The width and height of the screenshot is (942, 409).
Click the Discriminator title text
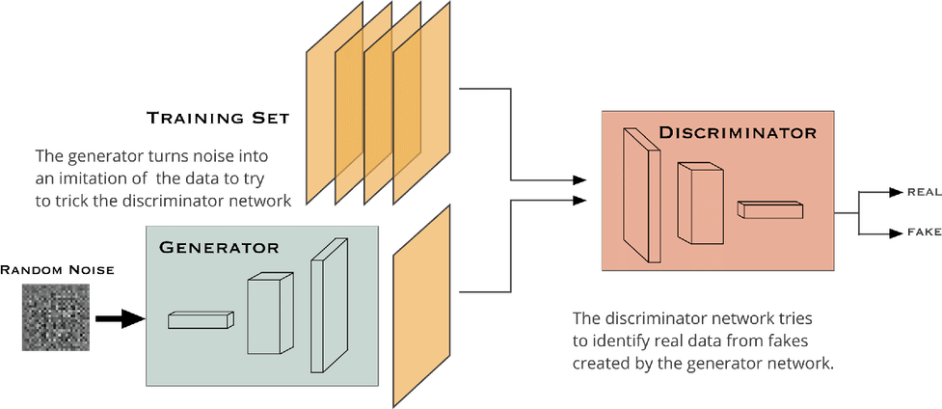(738, 133)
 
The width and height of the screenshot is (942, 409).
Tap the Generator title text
(219, 247)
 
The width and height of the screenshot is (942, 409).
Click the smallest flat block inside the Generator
(201, 320)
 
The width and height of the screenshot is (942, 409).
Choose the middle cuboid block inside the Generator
(269, 314)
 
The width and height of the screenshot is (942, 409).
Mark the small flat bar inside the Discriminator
(769, 208)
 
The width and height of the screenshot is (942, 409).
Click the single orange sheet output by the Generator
(422, 306)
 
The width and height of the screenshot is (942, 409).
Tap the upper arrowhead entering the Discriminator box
(579, 179)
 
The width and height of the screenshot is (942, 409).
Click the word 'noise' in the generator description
(175, 155)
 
